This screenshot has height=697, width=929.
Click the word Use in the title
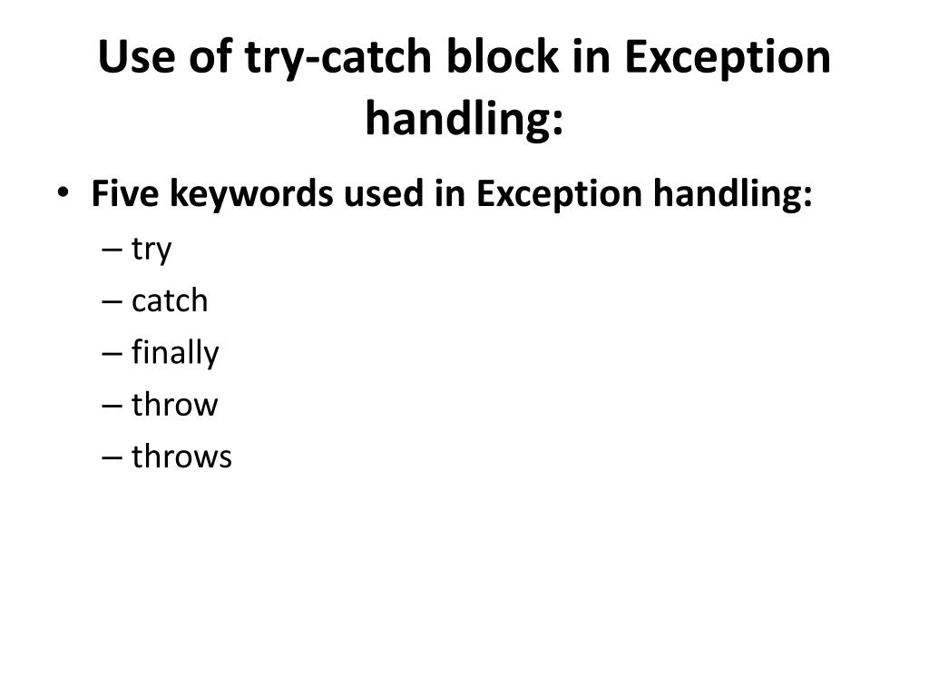pyautogui.click(x=137, y=58)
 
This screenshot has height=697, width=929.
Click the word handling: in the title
pyautogui.click(x=464, y=120)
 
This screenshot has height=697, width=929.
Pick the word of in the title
pyautogui.click(x=208, y=58)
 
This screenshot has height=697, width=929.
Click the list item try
pyautogui.click(x=152, y=250)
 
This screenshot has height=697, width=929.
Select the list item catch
pyautogui.click(x=170, y=300)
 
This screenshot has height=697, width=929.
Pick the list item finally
pyautogui.click(x=175, y=353)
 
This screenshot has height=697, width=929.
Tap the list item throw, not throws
pyautogui.click(x=175, y=404)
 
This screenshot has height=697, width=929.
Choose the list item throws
pyautogui.click(x=181, y=456)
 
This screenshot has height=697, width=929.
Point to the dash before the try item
pyautogui.click(x=113, y=250)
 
